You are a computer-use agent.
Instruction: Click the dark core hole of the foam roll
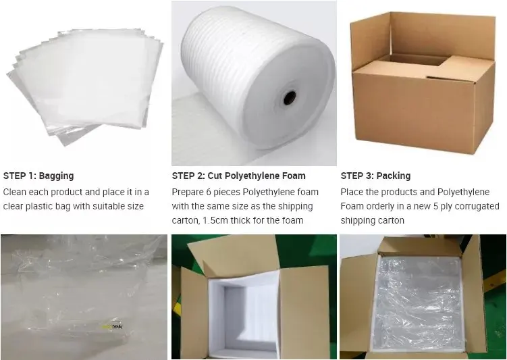pos(290,98)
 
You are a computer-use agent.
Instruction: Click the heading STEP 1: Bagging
pos(38,176)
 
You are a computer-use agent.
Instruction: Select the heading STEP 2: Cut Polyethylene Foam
pos(238,176)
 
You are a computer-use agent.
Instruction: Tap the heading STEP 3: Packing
pos(375,176)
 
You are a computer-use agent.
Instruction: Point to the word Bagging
pos(56,176)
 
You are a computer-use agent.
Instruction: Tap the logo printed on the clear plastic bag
pos(112,327)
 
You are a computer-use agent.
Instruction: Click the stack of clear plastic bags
pos(84,85)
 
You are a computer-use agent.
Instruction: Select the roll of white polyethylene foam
pos(258,78)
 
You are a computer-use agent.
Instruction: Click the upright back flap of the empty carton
pos(442,36)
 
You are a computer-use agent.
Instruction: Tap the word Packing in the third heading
pos(394,176)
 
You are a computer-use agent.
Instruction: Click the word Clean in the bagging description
pos(15,192)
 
